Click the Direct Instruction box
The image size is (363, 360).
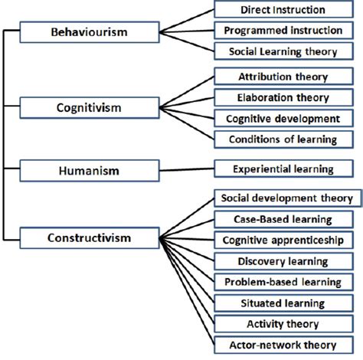[x=283, y=10]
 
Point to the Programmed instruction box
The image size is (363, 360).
[x=283, y=31]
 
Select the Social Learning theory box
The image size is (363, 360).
[x=283, y=51]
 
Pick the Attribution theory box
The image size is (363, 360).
[x=283, y=77]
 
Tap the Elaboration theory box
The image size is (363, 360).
[x=283, y=97]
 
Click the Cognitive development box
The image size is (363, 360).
[x=283, y=119]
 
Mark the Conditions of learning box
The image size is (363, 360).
[x=283, y=139]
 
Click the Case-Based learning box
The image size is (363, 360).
[x=283, y=219]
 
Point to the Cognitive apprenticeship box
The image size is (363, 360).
[x=283, y=240]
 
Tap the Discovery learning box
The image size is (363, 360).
[x=283, y=260]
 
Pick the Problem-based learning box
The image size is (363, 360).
[x=283, y=282]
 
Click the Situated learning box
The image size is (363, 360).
[x=283, y=303]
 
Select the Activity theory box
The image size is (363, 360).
[x=283, y=323]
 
